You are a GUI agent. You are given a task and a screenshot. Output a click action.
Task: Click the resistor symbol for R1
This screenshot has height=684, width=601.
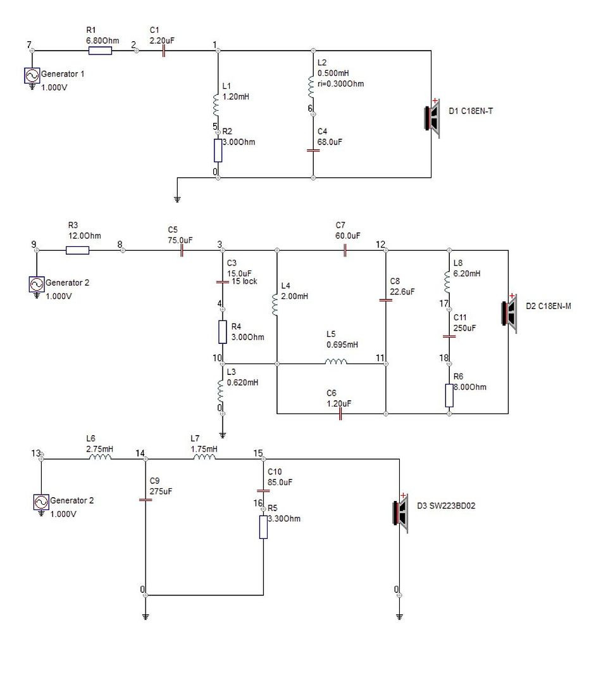[x=100, y=51]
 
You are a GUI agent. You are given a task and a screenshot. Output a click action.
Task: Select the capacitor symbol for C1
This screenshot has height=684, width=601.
[x=163, y=51]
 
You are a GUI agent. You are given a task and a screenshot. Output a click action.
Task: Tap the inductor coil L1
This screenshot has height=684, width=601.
[x=216, y=104]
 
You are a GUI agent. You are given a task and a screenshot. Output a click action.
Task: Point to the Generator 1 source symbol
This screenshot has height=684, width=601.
[x=32, y=76]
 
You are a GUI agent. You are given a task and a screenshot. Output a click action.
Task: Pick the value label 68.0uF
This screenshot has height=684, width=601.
[x=330, y=142]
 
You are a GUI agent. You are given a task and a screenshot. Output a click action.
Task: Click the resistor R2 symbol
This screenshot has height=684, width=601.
[x=218, y=151]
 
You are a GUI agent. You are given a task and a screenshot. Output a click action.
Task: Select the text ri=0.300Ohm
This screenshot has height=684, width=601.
[x=340, y=84]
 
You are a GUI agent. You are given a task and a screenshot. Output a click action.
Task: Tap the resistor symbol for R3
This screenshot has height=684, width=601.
[x=78, y=250]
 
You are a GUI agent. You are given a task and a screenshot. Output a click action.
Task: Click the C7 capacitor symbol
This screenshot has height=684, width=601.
[x=345, y=250]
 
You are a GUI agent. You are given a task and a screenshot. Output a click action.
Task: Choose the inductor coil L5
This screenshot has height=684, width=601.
[x=336, y=362]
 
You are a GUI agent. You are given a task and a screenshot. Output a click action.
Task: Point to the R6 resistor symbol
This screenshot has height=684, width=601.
[x=449, y=396]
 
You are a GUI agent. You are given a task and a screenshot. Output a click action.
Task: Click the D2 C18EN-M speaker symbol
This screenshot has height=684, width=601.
[x=509, y=313]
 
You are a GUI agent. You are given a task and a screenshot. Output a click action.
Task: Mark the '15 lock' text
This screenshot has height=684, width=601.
[x=244, y=281]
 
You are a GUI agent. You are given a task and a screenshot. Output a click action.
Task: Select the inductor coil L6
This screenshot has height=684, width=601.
[x=100, y=457]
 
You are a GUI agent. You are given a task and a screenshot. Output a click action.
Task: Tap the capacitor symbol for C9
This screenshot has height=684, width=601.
[x=146, y=500]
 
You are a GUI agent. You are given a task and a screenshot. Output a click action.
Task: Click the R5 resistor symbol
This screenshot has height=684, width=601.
[x=263, y=527]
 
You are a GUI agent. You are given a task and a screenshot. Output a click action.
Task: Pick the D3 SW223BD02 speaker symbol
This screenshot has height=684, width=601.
[x=400, y=513]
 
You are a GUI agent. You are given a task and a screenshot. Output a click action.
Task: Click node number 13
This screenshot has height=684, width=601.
[x=35, y=453]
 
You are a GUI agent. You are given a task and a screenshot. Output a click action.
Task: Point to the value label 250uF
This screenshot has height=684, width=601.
[x=464, y=328]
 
